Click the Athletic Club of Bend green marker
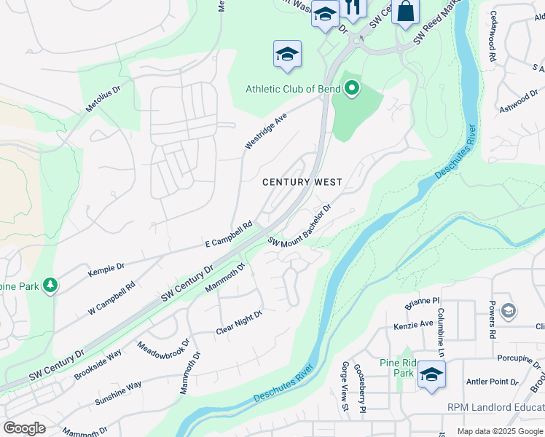pyautogui.click(x=352, y=90)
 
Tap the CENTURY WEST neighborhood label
pyautogui.click(x=302, y=181)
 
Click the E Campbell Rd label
pyautogui.click(x=228, y=234)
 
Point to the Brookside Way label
pyautogui.click(x=98, y=365)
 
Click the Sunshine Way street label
pyautogui.click(x=118, y=393)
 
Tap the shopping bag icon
pyautogui.click(x=405, y=12)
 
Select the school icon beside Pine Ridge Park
pyautogui.click(x=431, y=374)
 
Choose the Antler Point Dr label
pyautogui.click(x=493, y=381)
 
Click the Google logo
pyautogui.click(x=25, y=428)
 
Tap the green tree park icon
pyautogui.click(x=50, y=286)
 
